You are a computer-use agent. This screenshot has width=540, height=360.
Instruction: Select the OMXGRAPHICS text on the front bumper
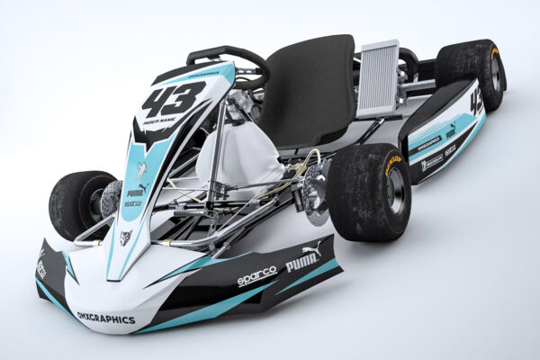click(x=106, y=318)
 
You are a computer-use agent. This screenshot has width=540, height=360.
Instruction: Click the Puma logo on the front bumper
click(x=303, y=259)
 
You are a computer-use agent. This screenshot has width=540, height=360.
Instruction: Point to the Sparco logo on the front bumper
click(x=256, y=276)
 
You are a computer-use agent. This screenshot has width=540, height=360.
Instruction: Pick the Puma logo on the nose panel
click(x=135, y=192)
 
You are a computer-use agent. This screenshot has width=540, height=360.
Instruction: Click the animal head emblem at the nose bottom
click(x=126, y=237)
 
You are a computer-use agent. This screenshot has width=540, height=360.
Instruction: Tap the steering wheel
click(x=229, y=61)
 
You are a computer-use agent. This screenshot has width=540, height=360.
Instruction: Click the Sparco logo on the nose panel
click(x=132, y=205)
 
